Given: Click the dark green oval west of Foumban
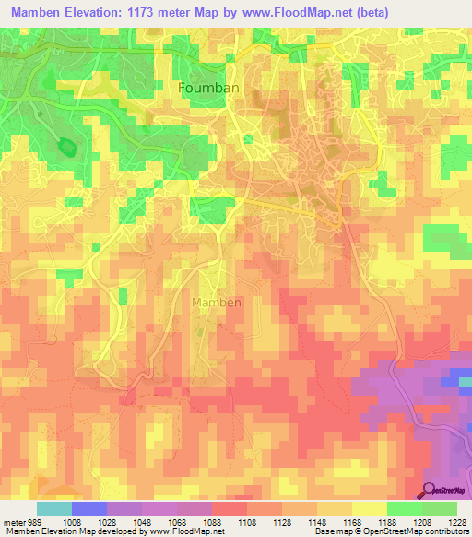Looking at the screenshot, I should [66, 146].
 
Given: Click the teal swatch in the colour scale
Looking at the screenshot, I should [54, 508].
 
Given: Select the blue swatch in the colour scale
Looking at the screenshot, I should [89, 508].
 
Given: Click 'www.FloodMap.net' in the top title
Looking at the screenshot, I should [292, 13].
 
